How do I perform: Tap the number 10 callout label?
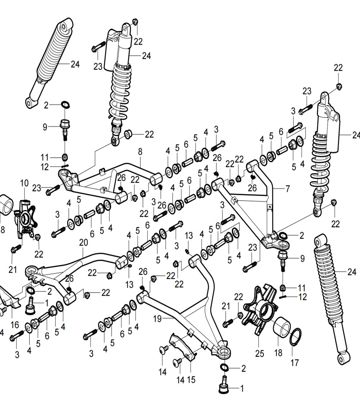24,184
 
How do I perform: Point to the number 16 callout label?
14,325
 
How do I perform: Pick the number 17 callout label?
294,362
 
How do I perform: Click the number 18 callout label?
278,353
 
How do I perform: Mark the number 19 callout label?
158,318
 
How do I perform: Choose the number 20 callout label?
83,243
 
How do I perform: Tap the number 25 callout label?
260,354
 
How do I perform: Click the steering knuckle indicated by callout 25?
261,310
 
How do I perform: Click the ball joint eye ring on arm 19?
224,352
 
